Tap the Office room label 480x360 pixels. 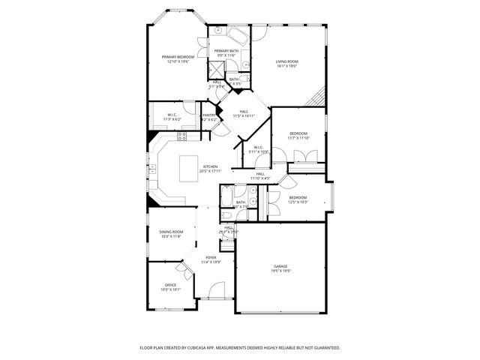170,285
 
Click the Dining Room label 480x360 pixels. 171,232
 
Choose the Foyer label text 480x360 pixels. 211,258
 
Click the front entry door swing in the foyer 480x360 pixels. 215,289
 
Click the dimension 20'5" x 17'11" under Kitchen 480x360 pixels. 209,171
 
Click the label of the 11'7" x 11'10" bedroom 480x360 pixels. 298,133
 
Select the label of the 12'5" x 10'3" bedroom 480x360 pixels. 298,197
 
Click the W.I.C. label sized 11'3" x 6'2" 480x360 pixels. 172,115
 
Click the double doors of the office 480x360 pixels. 182,267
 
